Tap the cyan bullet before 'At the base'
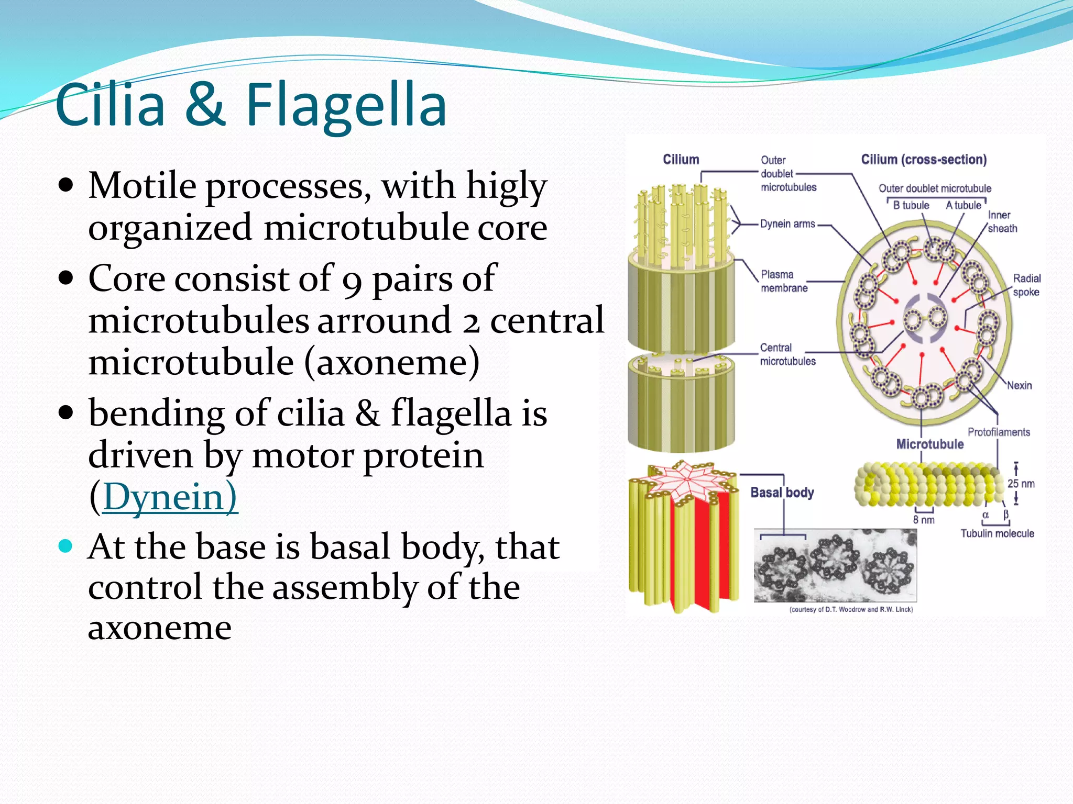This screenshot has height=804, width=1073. pyautogui.click(x=65, y=546)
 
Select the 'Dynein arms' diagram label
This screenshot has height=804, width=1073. pyautogui.click(x=787, y=224)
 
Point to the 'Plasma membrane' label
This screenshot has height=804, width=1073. pyautogui.click(x=784, y=281)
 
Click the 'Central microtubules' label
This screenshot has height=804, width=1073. pyautogui.click(x=787, y=354)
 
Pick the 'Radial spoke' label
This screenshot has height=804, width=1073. pyautogui.click(x=1026, y=285)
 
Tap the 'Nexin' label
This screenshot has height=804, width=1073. pyautogui.click(x=1019, y=385)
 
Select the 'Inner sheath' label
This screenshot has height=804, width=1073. pyautogui.click(x=1002, y=221)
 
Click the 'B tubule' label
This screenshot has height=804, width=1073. pyautogui.click(x=911, y=205)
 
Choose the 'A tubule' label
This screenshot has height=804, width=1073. pyautogui.click(x=963, y=205)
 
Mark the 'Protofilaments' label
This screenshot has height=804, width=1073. pyautogui.click(x=999, y=432)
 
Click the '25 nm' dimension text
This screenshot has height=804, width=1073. pyautogui.click(x=1021, y=484)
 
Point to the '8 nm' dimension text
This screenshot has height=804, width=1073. pyautogui.click(x=924, y=520)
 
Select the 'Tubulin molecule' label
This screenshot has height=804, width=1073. pyautogui.click(x=997, y=533)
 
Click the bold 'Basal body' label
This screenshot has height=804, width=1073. pyautogui.click(x=782, y=493)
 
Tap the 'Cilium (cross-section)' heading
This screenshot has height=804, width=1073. pyautogui.click(x=924, y=160)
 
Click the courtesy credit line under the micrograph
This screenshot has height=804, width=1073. pyautogui.click(x=851, y=609)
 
